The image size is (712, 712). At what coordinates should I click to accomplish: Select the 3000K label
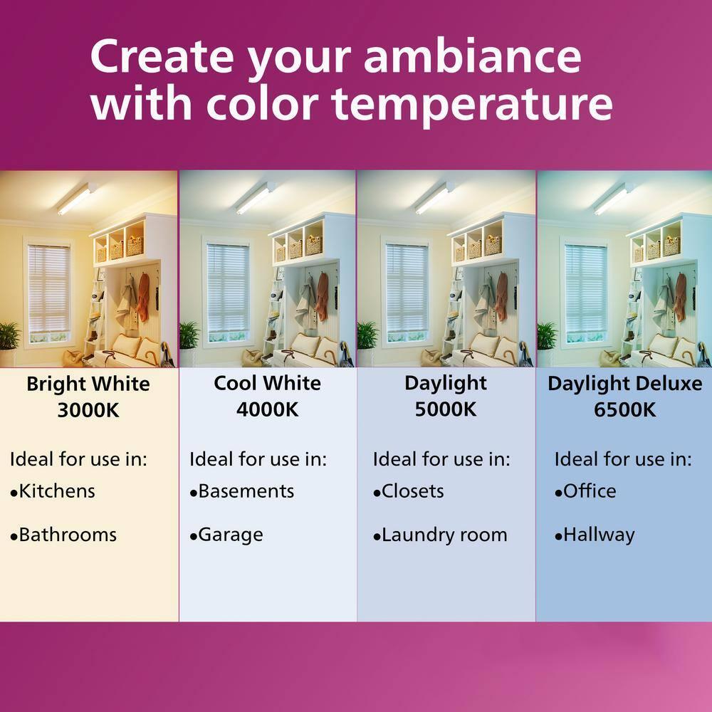(x=88, y=412)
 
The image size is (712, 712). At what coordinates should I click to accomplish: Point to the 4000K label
(x=267, y=410)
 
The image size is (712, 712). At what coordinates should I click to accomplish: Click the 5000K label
(x=446, y=410)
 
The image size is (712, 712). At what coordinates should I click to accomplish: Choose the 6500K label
(x=624, y=411)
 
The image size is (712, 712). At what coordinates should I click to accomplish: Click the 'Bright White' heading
(x=88, y=384)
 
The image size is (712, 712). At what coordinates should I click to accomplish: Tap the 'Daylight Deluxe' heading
(x=624, y=384)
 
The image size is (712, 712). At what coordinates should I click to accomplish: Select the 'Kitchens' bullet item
(x=56, y=491)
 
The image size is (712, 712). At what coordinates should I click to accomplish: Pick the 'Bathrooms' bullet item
(x=67, y=535)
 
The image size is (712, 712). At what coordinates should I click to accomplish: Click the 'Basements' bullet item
(x=246, y=491)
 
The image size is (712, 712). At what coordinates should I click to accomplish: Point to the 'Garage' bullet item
(x=230, y=535)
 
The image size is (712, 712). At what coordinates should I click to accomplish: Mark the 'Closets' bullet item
(x=412, y=491)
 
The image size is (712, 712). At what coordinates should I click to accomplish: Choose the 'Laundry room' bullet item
(x=444, y=535)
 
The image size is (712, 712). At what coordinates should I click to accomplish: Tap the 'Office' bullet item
(x=589, y=491)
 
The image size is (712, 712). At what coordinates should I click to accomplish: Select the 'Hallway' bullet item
(x=598, y=535)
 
